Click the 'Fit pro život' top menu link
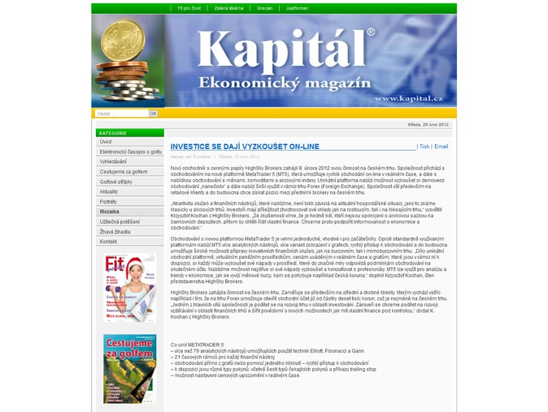189,9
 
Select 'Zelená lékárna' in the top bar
228,9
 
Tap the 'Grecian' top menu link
265,9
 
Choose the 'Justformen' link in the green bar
298,9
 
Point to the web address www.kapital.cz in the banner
409,99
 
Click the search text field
121,113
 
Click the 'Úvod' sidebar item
107,142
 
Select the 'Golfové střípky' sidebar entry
116,182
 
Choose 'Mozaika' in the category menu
110,211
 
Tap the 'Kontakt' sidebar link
109,241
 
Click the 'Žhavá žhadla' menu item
115,231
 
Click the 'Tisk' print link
424,147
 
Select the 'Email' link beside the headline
441,147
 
